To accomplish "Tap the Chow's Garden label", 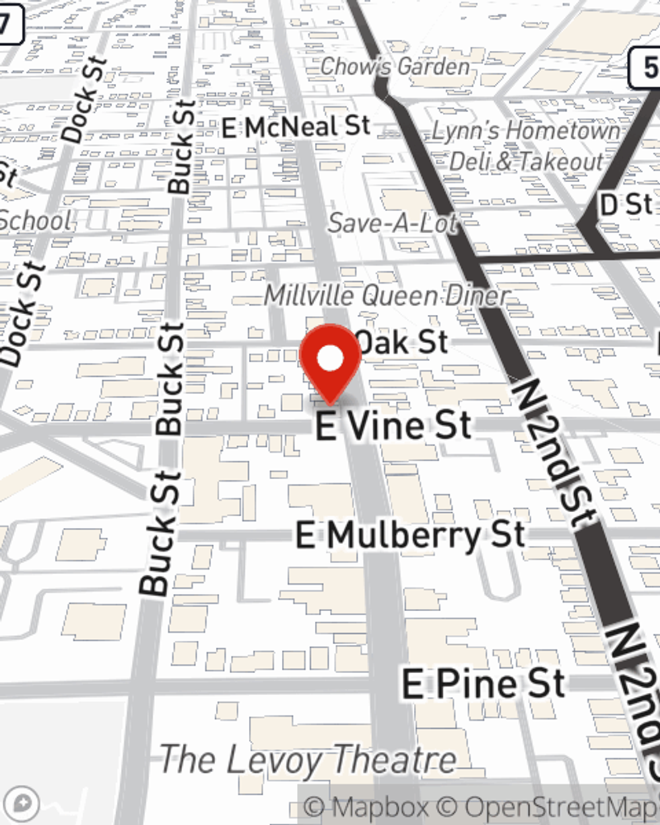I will point(395,66).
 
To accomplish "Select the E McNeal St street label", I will point(296,127).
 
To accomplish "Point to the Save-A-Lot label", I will point(393,223).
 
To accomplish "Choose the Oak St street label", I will point(402,342).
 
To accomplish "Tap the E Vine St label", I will point(394,426).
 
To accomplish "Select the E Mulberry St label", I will point(410,535).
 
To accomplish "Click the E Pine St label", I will point(484,684).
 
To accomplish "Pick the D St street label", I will point(626,205).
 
